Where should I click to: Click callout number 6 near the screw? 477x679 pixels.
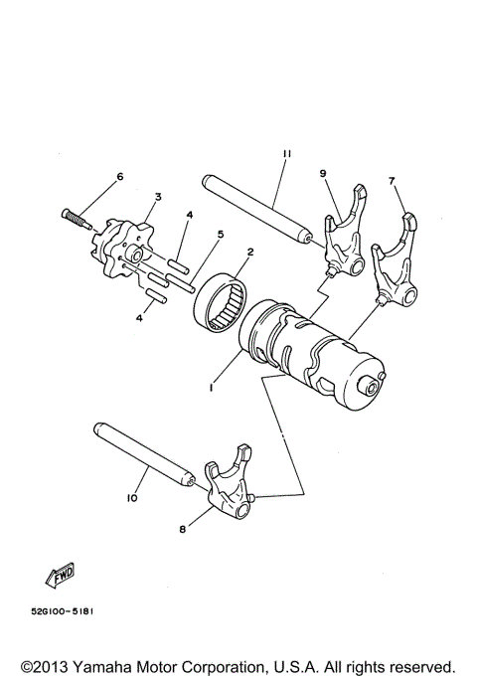120,176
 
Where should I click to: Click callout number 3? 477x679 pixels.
156,199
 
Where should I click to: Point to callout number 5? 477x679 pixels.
221,235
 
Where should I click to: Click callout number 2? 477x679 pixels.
249,253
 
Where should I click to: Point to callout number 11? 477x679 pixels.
284,154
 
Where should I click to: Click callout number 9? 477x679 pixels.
322,173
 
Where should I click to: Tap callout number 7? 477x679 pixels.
392,181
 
